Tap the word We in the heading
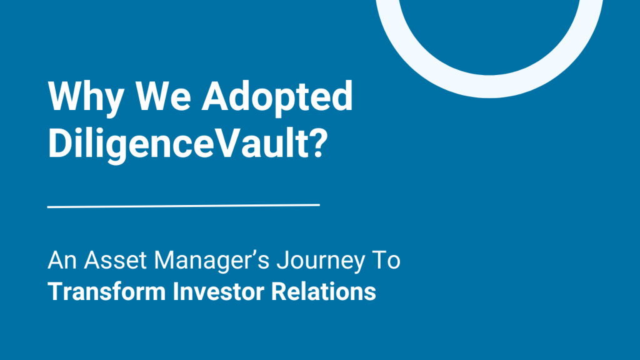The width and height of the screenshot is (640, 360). [x=162, y=97]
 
